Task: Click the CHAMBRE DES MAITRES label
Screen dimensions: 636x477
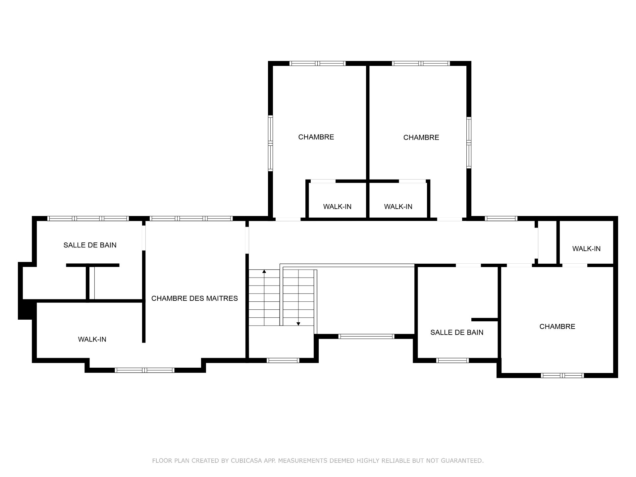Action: [x=194, y=298]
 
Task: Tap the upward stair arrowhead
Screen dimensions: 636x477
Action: [x=264, y=271]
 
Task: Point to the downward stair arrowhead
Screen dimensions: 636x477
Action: [x=298, y=324]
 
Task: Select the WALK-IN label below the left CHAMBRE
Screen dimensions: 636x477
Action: [x=337, y=207]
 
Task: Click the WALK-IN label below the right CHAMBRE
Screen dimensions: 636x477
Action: [x=398, y=207]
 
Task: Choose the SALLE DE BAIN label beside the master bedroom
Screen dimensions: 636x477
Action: [x=90, y=245]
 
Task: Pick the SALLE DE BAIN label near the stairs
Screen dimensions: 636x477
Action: [x=457, y=332]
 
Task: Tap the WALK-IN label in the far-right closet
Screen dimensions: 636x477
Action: [x=586, y=249]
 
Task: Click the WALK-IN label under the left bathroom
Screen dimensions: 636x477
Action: [x=92, y=339]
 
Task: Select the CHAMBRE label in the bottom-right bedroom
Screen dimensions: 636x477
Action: [x=557, y=327]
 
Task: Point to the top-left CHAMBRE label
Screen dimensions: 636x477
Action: [x=316, y=137]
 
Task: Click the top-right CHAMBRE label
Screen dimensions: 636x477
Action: [x=421, y=137]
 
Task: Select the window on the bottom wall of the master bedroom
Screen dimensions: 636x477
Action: [x=144, y=370]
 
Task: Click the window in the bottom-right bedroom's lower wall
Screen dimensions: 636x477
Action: [x=562, y=375]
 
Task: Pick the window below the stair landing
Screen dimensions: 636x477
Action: [x=283, y=360]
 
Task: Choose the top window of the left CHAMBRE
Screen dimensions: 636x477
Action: [x=318, y=64]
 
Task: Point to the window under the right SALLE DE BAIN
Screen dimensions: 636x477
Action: [x=452, y=360]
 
